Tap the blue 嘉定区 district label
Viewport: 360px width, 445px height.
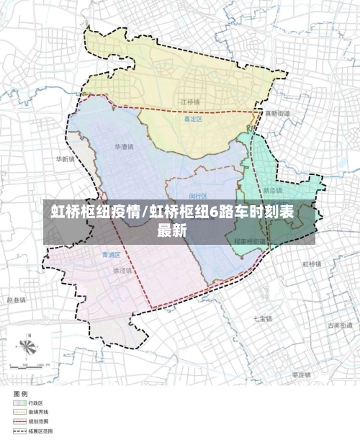click(x=193, y=120)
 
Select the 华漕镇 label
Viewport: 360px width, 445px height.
click(x=124, y=147)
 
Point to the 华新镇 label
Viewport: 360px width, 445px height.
click(x=64, y=159)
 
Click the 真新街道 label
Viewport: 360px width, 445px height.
click(x=277, y=114)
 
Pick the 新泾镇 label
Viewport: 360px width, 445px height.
click(x=272, y=192)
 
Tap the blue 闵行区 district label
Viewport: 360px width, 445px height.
click(x=198, y=196)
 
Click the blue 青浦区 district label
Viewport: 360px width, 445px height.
click(x=110, y=255)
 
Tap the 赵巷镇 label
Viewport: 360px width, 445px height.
click(x=16, y=299)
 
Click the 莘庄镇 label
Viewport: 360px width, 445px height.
click(x=301, y=375)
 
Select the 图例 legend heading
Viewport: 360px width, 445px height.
click(x=19, y=394)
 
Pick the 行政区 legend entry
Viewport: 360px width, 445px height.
click(x=36, y=403)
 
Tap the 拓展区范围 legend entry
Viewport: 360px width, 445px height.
click(x=40, y=431)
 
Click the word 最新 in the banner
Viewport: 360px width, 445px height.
click(x=172, y=231)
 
